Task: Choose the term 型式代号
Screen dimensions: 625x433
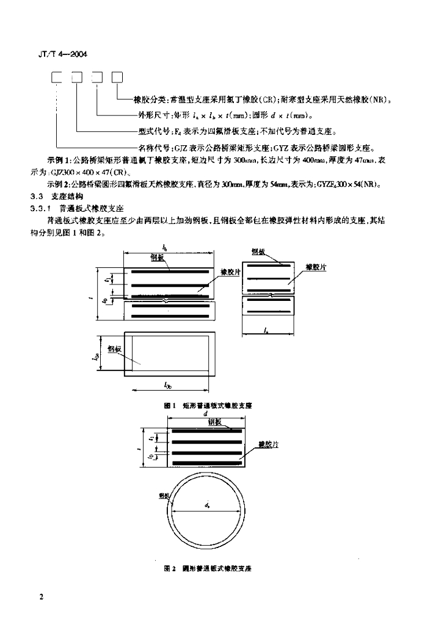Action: pos(152,131)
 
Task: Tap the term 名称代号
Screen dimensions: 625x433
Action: pos(152,146)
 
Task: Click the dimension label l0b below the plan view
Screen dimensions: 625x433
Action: pos(168,385)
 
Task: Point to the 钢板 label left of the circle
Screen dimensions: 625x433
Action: pos(163,495)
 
